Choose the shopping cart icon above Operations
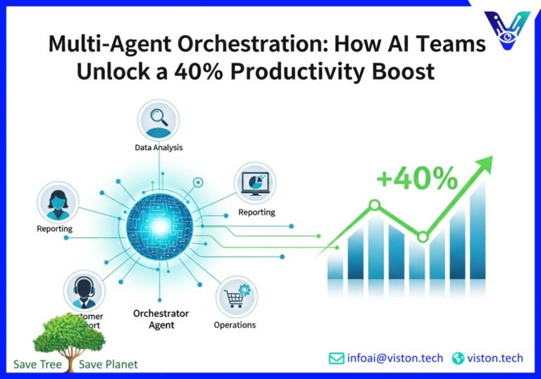[235, 298]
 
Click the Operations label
[235, 325]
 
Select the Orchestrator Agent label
[161, 319]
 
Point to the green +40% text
[417, 180]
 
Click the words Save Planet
[108, 364]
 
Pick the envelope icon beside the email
[337, 358]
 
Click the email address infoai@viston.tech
[395, 358]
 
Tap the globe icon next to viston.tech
[459, 358]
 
